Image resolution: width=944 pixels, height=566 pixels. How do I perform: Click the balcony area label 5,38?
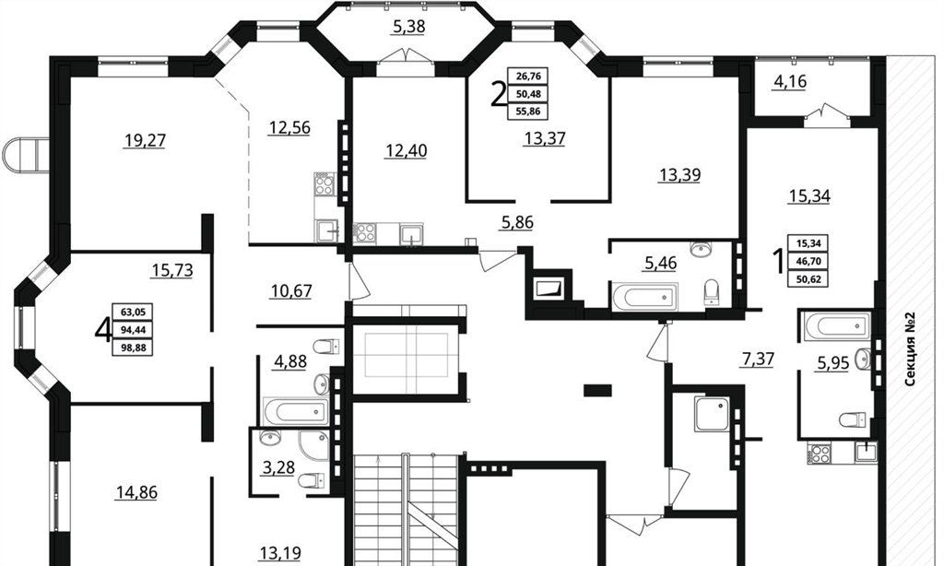[408, 27]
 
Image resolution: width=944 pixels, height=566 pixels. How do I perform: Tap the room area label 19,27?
[145, 141]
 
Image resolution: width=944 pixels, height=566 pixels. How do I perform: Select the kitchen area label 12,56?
[289, 127]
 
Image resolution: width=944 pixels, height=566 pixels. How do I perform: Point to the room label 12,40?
[407, 150]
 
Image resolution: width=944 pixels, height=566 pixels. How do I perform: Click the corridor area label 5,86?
[517, 223]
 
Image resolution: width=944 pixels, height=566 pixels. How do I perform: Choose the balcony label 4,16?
[790, 81]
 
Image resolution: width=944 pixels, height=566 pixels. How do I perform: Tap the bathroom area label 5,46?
[660, 263]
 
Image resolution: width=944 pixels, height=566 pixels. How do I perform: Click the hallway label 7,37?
[758, 360]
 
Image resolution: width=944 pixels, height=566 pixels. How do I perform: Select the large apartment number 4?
[103, 330]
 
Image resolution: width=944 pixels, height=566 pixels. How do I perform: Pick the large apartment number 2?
[499, 94]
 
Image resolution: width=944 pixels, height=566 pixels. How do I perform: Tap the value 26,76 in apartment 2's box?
[528, 77]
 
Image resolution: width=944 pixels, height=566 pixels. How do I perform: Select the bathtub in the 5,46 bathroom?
[644, 296]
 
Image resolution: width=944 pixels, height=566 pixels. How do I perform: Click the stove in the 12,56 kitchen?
[324, 183]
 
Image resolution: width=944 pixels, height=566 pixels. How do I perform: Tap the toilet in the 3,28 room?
[311, 480]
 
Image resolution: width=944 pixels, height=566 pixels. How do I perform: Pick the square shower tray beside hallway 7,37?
[713, 414]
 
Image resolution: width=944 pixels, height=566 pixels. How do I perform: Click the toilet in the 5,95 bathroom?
[852, 419]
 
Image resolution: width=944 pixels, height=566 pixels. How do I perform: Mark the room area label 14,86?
[136, 492]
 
